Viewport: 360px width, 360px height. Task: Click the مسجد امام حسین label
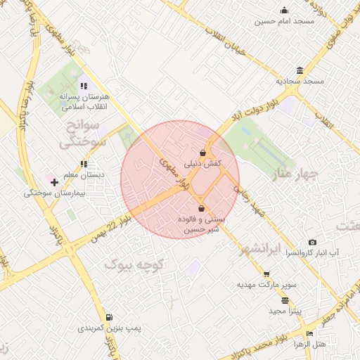[284, 22]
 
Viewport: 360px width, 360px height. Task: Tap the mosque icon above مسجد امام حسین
[284, 10]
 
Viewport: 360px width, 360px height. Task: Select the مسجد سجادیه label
[300, 82]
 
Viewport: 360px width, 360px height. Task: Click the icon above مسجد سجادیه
[300, 70]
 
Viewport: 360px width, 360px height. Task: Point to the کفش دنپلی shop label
[203, 163]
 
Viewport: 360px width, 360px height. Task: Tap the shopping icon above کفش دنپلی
[203, 152]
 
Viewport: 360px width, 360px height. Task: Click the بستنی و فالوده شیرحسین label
[202, 224]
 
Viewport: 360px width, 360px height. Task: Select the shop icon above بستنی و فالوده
[202, 208]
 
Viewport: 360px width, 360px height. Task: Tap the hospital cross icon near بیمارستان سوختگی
[54, 182]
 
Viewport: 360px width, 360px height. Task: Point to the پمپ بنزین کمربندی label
[109, 328]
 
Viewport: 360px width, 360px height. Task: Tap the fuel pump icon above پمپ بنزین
[109, 317]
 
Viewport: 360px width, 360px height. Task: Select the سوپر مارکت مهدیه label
[267, 285]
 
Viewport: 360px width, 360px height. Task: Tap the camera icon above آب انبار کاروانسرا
[313, 242]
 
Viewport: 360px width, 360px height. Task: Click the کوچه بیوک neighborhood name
[134, 265]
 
